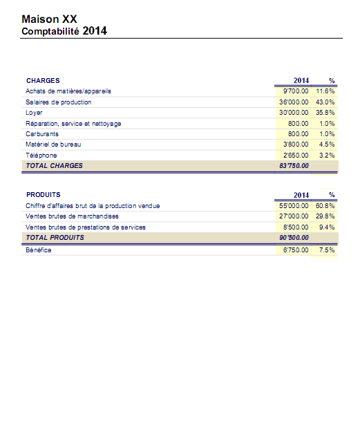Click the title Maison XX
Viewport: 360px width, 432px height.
[49, 19]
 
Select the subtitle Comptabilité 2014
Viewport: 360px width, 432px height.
[64, 31]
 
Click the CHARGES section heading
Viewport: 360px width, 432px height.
[43, 80]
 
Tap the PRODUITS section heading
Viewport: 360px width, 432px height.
[44, 194]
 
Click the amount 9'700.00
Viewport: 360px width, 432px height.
[296, 91]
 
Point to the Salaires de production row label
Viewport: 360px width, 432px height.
[59, 102]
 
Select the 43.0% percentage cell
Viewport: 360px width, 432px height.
[325, 102]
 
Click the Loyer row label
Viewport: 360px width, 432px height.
[34, 113]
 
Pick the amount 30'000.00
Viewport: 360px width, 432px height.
[294, 113]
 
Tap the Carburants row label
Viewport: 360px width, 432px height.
[42, 134]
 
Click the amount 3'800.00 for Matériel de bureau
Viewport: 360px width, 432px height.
[296, 144]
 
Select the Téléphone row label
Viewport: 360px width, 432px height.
[41, 156]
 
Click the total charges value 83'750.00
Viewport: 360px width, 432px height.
[294, 166]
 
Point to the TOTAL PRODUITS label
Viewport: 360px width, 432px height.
[55, 238]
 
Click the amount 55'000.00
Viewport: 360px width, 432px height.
[294, 206]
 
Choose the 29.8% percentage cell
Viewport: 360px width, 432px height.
[325, 216]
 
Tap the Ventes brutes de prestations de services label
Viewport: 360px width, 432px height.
[86, 227]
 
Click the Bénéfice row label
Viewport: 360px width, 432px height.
[38, 250]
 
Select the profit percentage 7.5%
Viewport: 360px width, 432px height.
[327, 250]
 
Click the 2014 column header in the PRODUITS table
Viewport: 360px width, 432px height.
[301, 195]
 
